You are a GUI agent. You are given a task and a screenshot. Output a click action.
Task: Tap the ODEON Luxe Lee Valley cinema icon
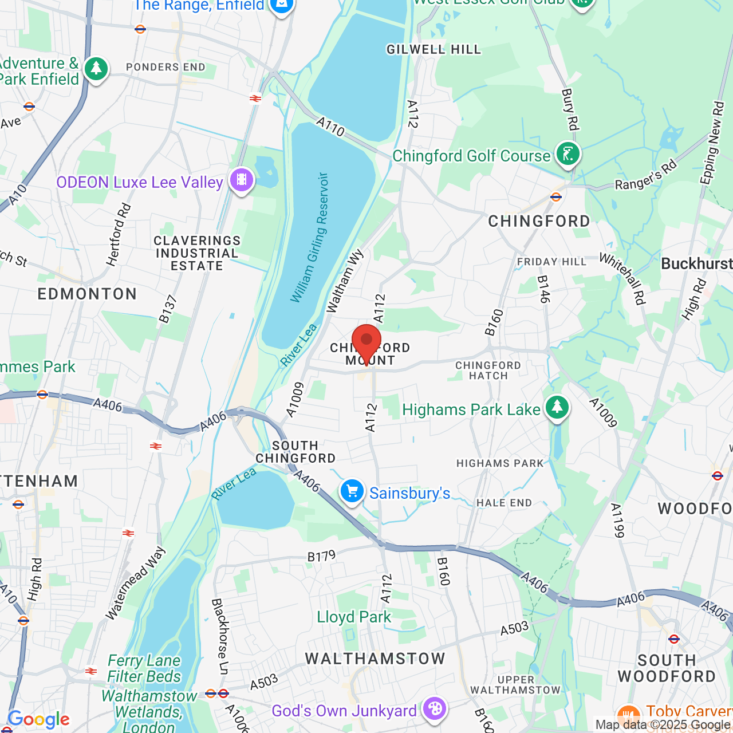pos(242,180)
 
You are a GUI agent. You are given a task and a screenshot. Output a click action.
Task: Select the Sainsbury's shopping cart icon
pos(352,491)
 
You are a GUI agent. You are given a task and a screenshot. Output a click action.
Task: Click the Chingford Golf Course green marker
pos(568,154)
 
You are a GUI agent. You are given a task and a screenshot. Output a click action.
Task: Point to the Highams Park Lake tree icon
pos(557,408)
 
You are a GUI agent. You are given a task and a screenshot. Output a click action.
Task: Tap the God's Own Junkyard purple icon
pos(435,709)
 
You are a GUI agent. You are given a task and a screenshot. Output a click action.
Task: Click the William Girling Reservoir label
pos(310,238)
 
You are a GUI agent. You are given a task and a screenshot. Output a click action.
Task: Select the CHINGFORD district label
pos(539,222)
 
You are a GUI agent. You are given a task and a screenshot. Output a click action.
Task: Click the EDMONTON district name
pos(88,294)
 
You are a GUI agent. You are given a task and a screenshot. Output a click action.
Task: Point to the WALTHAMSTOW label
pos(375,659)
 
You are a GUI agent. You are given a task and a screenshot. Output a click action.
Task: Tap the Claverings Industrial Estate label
pos(197,253)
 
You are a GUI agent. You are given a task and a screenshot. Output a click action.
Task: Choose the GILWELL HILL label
pos(434,50)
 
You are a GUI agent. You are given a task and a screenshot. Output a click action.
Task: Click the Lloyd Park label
pos(354,617)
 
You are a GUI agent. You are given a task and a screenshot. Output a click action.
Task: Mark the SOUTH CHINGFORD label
pos(295,452)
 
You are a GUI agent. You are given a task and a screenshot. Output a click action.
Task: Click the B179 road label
pos(321,556)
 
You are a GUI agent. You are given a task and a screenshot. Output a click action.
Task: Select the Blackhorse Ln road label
pos(220,636)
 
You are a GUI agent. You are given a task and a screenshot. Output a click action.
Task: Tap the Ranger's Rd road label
pos(646,176)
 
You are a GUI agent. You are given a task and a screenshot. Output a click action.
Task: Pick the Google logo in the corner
pos(38,719)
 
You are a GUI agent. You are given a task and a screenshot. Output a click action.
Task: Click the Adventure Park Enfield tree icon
pos(96,69)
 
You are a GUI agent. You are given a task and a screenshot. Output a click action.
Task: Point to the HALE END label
pos(504,503)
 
